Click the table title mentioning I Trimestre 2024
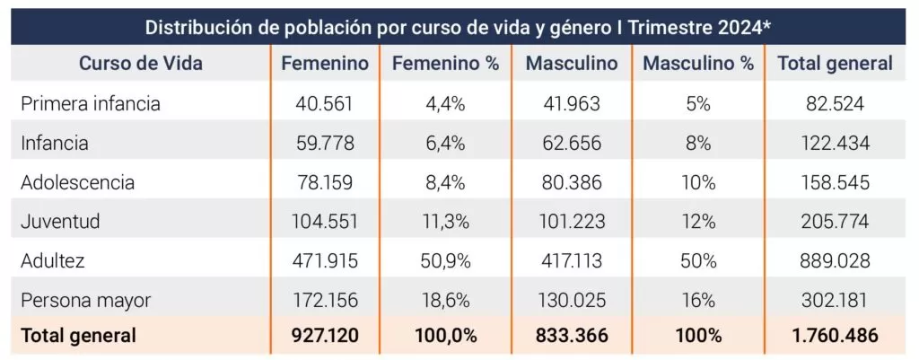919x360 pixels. (x=459, y=25)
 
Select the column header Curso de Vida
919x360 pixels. (x=141, y=64)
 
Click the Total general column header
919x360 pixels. (x=835, y=64)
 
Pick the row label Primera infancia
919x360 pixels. (x=91, y=103)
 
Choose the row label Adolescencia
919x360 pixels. (x=78, y=182)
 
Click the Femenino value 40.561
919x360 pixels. (x=325, y=103)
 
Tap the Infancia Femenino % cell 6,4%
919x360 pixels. (x=445, y=143)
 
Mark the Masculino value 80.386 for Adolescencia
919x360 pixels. (x=572, y=182)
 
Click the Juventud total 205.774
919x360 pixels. (x=835, y=221)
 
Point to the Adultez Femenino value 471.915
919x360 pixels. (x=325, y=259)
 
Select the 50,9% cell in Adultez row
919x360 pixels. (x=445, y=259)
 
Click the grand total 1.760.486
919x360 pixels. (x=835, y=337)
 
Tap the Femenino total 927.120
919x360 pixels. (x=325, y=337)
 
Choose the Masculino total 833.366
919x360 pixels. (x=572, y=337)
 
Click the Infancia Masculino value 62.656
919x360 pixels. (x=572, y=143)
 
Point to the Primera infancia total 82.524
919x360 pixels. (x=835, y=103)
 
